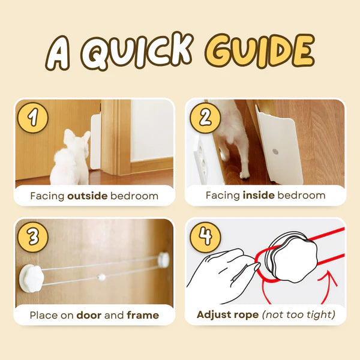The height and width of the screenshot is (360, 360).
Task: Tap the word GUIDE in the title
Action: (261, 51)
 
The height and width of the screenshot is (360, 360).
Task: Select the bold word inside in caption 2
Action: (259, 196)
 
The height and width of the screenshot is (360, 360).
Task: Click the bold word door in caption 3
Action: (89, 315)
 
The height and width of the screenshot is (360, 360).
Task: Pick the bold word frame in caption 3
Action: (143, 315)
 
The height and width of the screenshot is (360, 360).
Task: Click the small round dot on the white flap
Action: (275, 151)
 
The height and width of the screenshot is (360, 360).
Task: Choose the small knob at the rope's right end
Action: (163, 260)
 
